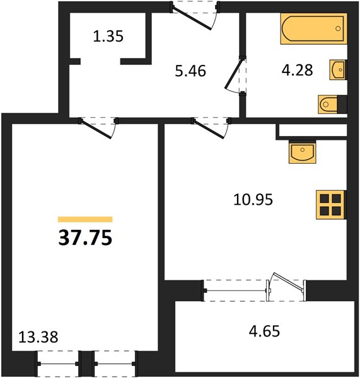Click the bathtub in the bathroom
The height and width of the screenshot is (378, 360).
coord(313,29)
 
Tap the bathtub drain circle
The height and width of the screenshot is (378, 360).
coord(338,29)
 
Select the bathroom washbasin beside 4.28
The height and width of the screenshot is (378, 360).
coord(338,70)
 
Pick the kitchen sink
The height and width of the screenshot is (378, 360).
coord(303,153)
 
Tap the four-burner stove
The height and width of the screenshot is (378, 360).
coord(330,205)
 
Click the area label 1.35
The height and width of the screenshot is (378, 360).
coord(108,37)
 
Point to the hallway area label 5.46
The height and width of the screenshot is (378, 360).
coord(190,71)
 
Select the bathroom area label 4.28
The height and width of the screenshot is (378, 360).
coord(297,70)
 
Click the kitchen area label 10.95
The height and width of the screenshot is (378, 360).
coord(253,200)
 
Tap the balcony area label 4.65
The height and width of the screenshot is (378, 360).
coord(264,331)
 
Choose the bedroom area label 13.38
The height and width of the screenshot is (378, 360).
coord(38,337)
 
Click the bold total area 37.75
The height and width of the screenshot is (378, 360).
coord(85,238)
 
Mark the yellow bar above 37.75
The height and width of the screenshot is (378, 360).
coord(85,219)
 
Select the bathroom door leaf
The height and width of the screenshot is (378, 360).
coord(233,74)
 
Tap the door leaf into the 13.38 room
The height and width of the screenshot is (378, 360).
coord(96,129)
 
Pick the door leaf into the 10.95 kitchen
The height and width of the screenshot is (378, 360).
coord(209,129)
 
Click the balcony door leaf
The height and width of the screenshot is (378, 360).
coord(288,281)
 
